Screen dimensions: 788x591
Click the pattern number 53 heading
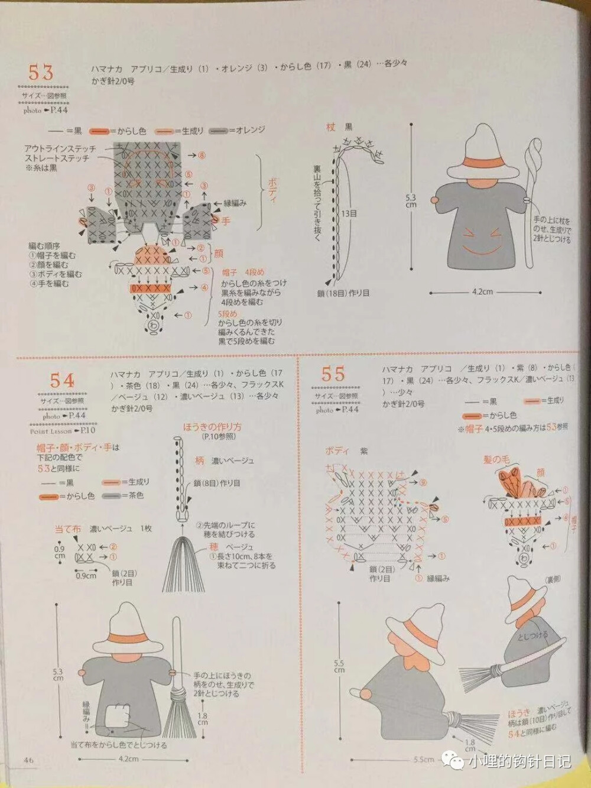click(x=41, y=73)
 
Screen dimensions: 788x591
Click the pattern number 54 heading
click(x=62, y=380)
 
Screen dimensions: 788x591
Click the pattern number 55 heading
click(x=333, y=374)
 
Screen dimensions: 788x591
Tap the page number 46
click(x=28, y=760)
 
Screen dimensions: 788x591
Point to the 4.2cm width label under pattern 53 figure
click(x=482, y=291)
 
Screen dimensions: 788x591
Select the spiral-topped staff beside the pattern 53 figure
click(x=531, y=195)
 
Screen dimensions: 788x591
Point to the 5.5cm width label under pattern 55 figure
click(x=423, y=760)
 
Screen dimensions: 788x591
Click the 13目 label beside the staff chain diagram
click(x=349, y=213)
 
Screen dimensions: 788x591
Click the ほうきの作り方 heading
click(x=212, y=426)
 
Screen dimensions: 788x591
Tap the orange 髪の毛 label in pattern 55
click(x=496, y=459)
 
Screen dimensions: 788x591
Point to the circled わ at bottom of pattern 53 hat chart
click(x=154, y=326)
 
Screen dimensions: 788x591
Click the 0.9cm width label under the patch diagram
click(x=86, y=575)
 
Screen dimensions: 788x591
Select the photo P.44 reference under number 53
click(x=46, y=110)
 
